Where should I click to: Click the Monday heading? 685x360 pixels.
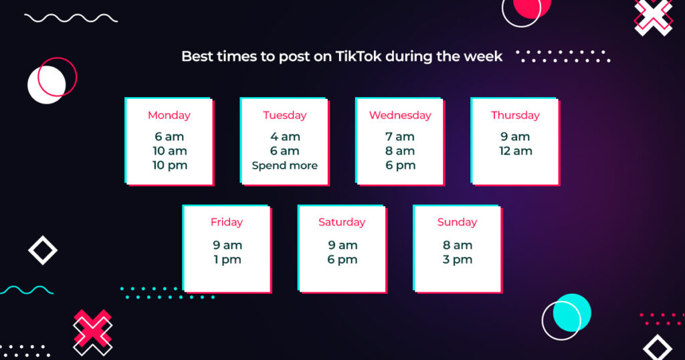(169, 115)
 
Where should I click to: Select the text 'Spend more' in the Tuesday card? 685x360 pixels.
(284, 165)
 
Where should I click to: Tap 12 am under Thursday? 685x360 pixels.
(515, 151)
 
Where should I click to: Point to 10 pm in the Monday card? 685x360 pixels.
(169, 165)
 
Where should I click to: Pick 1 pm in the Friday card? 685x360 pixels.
(227, 260)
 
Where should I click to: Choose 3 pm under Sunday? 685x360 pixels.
(457, 260)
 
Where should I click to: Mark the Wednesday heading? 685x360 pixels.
(400, 115)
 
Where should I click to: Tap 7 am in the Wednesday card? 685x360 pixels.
(400, 137)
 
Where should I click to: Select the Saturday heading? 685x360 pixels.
(342, 222)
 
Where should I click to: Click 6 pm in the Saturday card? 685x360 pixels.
(342, 260)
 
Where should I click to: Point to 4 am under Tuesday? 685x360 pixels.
(284, 137)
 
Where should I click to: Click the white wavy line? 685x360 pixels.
(71, 18)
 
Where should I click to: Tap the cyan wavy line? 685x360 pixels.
(27, 290)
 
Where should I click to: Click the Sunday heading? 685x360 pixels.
(457, 222)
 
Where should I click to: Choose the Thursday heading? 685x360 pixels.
(515, 115)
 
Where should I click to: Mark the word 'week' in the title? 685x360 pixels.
(483, 56)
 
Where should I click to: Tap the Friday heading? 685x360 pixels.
(227, 222)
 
